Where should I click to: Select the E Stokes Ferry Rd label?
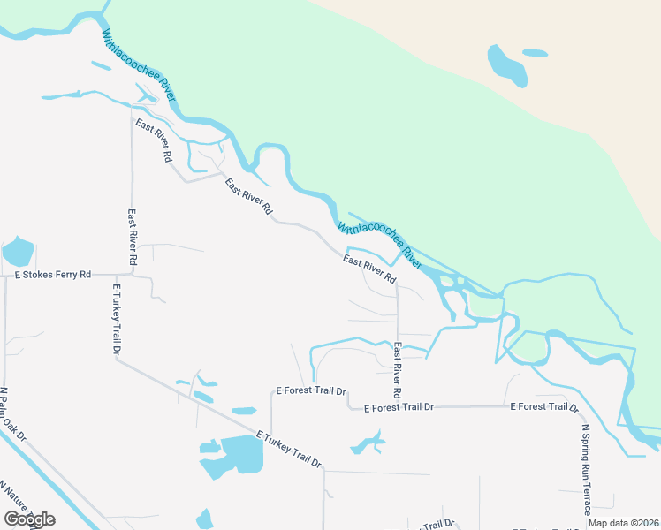click(53, 275)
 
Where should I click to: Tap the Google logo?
click(29, 519)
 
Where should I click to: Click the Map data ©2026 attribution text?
click(623, 523)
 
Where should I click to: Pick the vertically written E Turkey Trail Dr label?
click(117, 319)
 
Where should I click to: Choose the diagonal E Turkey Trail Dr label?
click(289, 450)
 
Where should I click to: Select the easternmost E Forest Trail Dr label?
click(543, 406)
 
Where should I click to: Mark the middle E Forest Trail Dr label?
click(400, 407)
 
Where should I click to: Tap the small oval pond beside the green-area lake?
click(535, 53)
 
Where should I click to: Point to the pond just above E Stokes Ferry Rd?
click(18, 252)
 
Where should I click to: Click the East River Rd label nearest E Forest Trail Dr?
click(398, 368)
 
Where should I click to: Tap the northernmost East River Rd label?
click(153, 140)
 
